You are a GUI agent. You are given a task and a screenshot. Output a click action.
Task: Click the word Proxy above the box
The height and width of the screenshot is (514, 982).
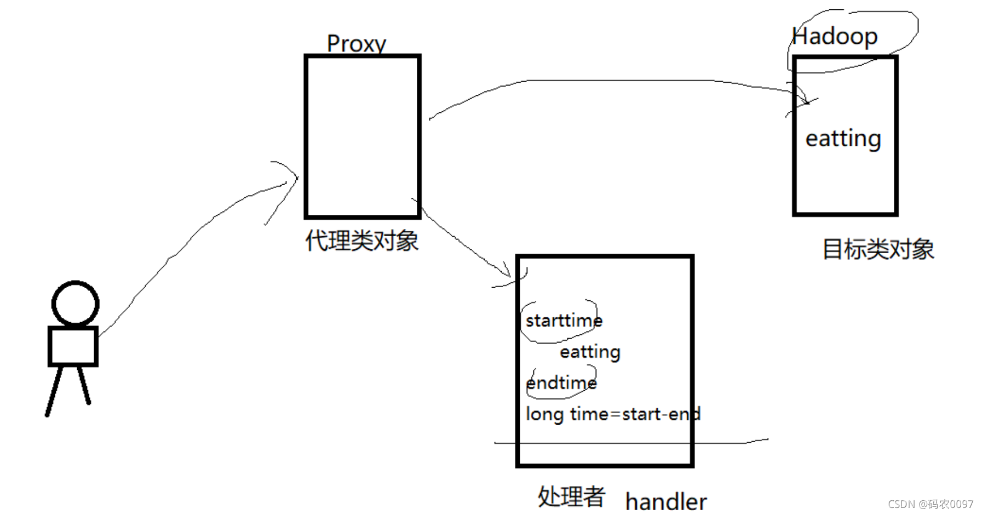357,44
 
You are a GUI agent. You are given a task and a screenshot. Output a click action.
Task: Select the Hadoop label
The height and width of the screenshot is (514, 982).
835,37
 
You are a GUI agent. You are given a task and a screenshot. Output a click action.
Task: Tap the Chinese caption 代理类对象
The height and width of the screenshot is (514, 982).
362,241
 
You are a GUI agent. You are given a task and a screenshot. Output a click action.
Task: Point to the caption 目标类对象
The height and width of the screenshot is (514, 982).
878,249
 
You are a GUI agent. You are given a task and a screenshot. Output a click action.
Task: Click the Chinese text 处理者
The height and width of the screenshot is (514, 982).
571,497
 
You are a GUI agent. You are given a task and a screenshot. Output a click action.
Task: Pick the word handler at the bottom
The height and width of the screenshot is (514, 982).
666,502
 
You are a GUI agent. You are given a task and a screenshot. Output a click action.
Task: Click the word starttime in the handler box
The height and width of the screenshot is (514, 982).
564,321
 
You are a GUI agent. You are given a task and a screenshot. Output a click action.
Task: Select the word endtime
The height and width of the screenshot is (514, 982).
561,383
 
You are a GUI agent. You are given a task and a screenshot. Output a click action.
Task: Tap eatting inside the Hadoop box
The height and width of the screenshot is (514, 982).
843,139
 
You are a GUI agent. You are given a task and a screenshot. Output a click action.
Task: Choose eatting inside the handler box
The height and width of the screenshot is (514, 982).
590,352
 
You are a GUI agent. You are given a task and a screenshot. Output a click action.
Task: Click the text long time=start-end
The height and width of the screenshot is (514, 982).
613,414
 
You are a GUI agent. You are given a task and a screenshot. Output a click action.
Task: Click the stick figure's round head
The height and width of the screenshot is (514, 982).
76,303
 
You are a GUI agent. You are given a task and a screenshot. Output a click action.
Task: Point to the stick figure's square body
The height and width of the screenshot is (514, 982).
73,346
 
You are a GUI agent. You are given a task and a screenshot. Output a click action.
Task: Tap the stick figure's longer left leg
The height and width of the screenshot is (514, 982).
54,391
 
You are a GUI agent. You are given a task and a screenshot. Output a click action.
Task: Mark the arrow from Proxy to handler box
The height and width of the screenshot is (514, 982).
466,244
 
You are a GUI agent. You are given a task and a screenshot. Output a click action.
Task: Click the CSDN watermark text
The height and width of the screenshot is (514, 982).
930,504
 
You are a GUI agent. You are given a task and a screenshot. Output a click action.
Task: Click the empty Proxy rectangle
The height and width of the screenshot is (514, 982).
363,136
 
